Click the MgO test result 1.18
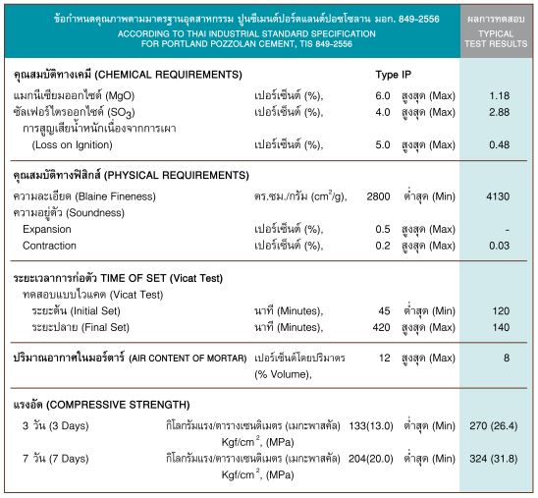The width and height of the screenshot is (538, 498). pos(500,95)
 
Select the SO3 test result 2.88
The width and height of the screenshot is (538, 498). pos(500,112)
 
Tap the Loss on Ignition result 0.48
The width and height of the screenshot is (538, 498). pos(500,144)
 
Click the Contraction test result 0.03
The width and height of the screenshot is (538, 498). pos(500,246)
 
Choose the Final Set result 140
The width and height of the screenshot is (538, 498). pos(500,327)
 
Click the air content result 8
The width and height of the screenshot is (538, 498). pos(507,358)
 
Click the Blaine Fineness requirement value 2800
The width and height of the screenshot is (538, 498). pos(378,196)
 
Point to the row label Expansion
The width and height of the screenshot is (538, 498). pos(48,229)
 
